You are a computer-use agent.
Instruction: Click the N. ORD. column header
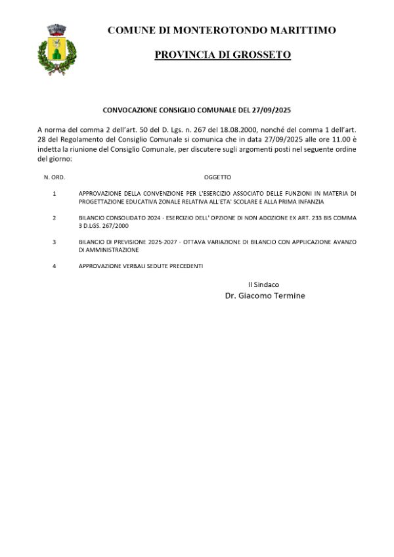pyautogui.click(x=55, y=177)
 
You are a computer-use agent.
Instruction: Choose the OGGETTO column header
pyautogui.click(x=217, y=177)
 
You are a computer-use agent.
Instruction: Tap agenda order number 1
pyautogui.click(x=55, y=194)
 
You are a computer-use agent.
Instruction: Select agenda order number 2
pyautogui.click(x=55, y=217)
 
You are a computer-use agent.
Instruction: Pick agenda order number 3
pyautogui.click(x=55, y=242)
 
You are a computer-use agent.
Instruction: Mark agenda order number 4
pyautogui.click(x=55, y=265)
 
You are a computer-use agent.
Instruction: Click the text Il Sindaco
pyautogui.click(x=263, y=284)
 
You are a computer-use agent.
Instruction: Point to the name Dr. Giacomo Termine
pyautogui.click(x=265, y=296)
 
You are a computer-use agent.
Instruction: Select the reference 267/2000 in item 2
pyautogui.click(x=115, y=225)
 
